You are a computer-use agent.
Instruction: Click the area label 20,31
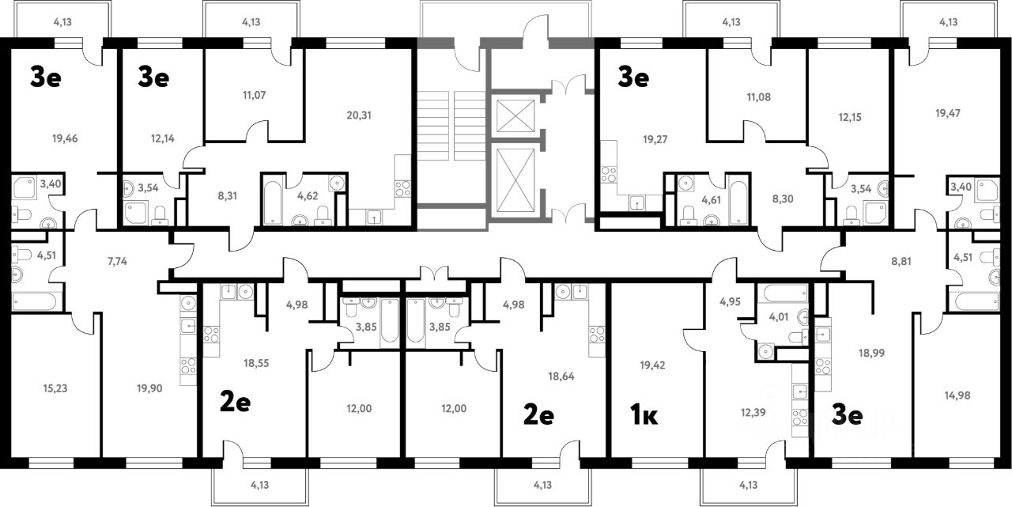point(359,115)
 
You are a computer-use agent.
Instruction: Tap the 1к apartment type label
point(644,416)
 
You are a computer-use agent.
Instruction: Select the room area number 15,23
point(55,388)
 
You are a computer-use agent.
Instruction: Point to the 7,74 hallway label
point(117,261)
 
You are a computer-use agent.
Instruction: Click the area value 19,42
point(652,365)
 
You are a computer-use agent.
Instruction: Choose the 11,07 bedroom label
point(254,96)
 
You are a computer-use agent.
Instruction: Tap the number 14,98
point(957,395)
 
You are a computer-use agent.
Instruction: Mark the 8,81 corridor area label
point(901,261)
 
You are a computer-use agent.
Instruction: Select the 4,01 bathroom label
point(779,317)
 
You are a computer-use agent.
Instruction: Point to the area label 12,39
point(753,413)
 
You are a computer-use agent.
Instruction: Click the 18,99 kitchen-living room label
point(871,353)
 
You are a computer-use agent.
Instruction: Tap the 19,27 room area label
point(655,139)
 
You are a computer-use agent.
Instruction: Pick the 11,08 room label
point(758,97)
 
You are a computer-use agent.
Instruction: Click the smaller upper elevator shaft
point(515,116)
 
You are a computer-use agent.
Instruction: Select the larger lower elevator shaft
point(515,181)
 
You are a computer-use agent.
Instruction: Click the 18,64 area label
point(561,376)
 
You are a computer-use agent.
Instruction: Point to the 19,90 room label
point(149,388)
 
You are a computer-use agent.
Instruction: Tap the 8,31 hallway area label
point(227,196)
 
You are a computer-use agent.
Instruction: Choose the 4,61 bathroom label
point(712,199)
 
